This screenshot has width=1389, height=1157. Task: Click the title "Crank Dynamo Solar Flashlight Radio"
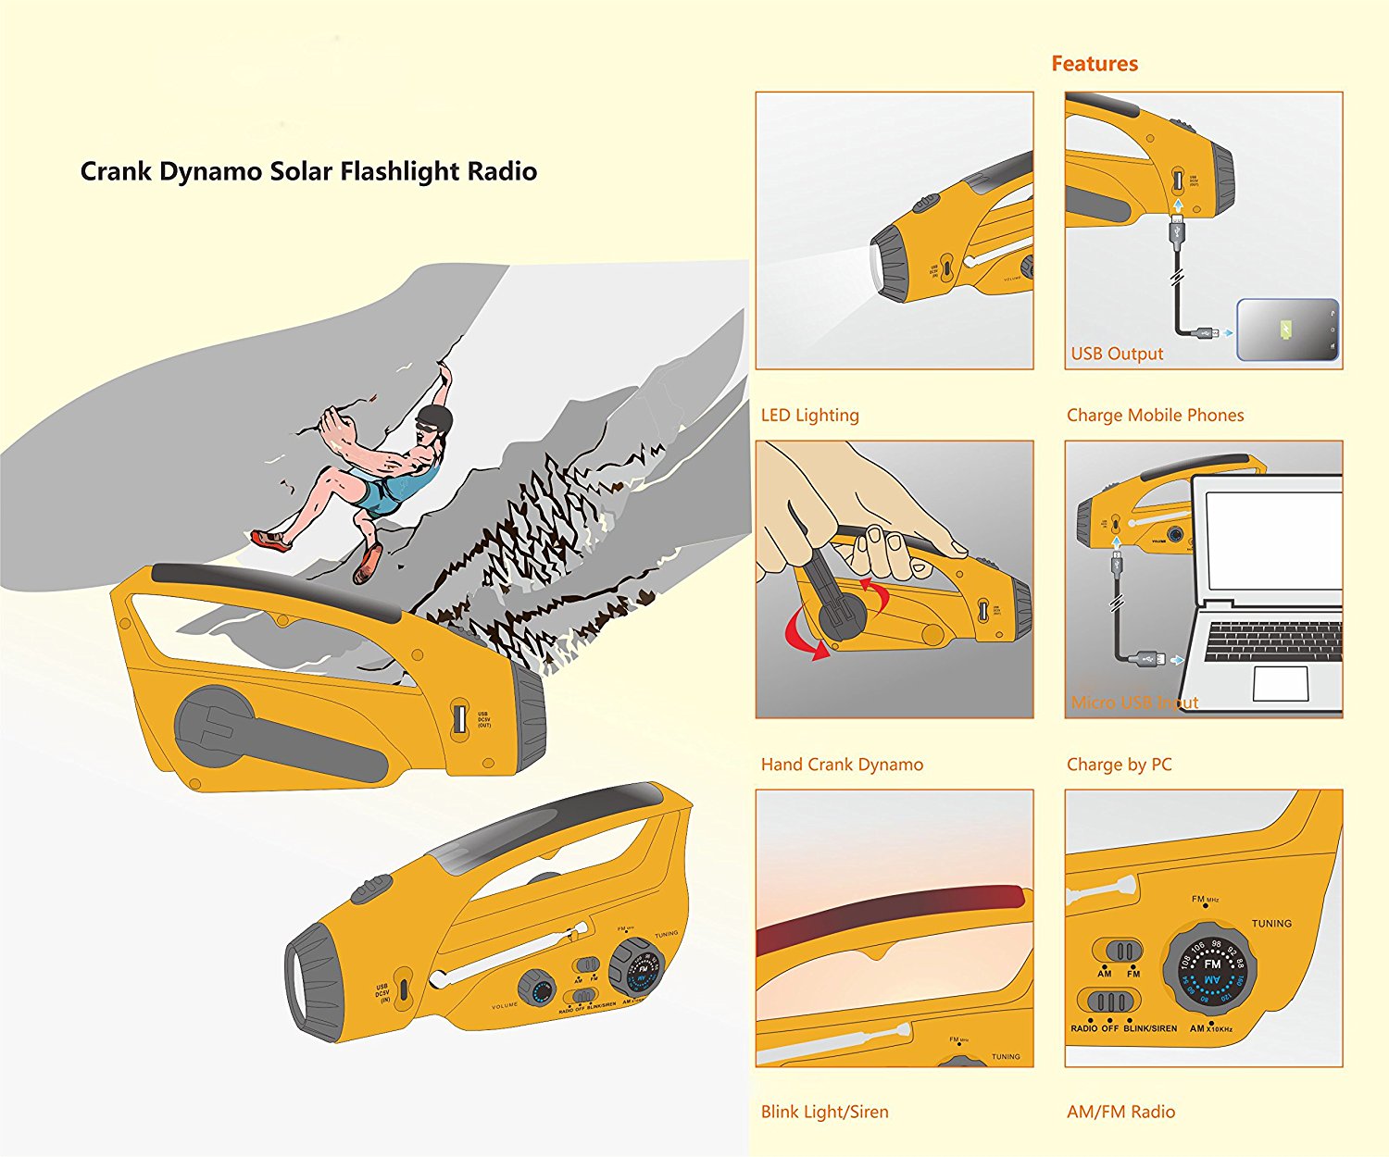(x=308, y=172)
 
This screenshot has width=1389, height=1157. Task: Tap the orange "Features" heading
(x=1094, y=64)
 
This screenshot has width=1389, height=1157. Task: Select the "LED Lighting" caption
(x=809, y=416)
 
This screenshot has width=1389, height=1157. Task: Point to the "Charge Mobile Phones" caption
(x=1155, y=416)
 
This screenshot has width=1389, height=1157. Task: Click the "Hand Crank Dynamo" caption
(x=842, y=765)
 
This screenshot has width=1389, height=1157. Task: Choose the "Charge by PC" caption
(x=1119, y=765)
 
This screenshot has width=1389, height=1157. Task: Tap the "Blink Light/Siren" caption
(x=824, y=1112)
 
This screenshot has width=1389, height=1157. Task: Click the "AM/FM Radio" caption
(x=1120, y=1112)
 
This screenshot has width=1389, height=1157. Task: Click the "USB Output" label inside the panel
(x=1117, y=354)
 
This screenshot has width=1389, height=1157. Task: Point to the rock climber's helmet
(x=434, y=418)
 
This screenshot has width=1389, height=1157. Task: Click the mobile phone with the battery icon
(x=1288, y=330)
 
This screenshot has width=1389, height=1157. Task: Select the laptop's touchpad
(x=1280, y=683)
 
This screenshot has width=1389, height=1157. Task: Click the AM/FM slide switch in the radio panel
(x=1119, y=952)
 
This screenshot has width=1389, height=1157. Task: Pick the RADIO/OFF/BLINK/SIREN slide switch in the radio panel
(x=1109, y=1002)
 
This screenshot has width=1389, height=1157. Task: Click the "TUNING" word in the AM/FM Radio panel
(x=1271, y=924)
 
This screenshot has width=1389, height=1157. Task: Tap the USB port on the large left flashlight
(x=458, y=719)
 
